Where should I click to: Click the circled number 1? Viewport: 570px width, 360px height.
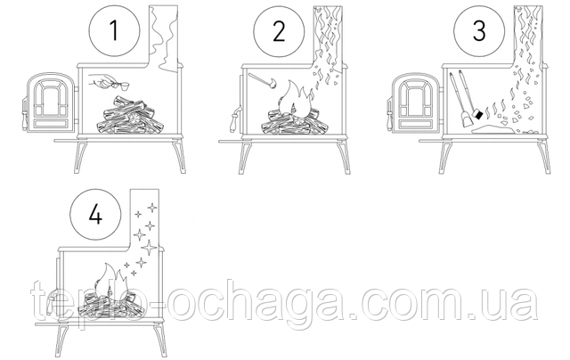coord(115,30)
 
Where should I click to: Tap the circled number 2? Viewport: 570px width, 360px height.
coord(279,30)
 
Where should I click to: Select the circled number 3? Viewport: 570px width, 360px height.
coord(479,30)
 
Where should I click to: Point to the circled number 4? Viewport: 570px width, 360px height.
coord(95,215)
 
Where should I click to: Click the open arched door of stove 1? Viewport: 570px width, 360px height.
coord(51,102)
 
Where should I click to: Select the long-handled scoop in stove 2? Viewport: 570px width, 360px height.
coord(262,80)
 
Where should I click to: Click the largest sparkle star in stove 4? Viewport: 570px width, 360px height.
coord(149,248)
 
